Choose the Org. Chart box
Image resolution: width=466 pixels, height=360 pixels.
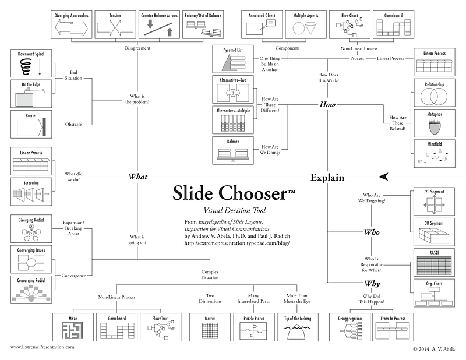point(434,293)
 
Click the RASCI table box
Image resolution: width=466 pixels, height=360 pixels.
point(434,262)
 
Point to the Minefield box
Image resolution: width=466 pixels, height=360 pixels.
point(434,154)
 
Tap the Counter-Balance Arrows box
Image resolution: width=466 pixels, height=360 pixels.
point(158,25)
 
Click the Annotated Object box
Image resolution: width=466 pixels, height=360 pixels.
point(263,25)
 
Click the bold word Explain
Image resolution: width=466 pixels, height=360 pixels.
point(327,177)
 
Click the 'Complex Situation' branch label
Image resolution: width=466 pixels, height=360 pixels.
point(210,276)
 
